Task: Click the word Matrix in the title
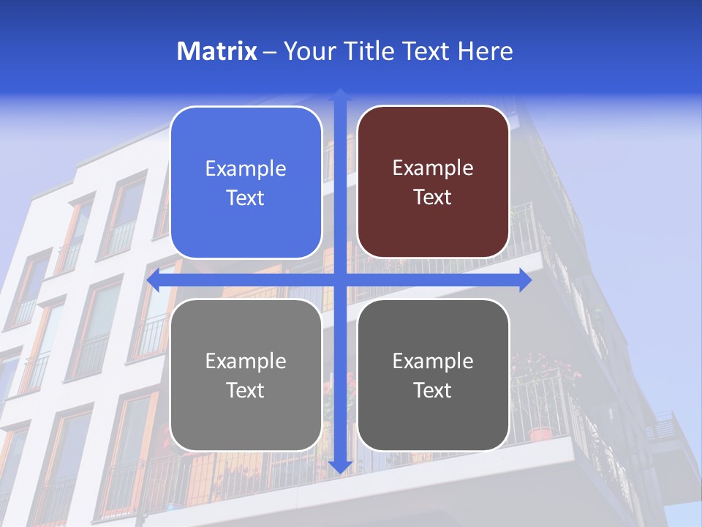216,51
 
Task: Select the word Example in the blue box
246,169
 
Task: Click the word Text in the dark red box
433,198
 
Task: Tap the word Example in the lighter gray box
246,362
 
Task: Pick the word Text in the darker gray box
433,391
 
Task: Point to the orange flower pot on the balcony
540,433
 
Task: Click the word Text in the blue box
246,198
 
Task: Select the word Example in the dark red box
433,168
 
